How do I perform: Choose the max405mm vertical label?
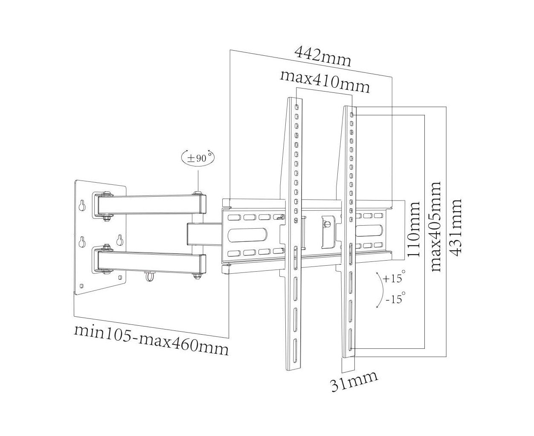coord(435,227)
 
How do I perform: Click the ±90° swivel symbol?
coord(198,158)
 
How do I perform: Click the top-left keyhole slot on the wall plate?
coord(82,206)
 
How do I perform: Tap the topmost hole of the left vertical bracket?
coord(296,106)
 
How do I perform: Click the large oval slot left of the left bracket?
coord(247,235)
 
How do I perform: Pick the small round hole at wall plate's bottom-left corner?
coord(81,286)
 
